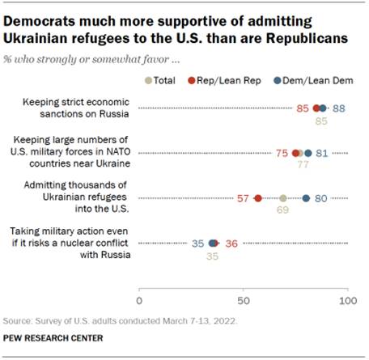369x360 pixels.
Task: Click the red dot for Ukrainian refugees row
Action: [x=258, y=198]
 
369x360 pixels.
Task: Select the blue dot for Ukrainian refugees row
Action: [x=306, y=198]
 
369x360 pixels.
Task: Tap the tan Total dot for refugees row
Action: [x=283, y=198]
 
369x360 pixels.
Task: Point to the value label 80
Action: [x=320, y=198]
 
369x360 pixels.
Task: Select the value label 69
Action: [x=283, y=210]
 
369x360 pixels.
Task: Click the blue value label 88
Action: [x=338, y=108]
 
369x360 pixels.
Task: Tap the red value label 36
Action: [x=230, y=243]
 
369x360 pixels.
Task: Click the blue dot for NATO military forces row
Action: [x=307, y=153]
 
